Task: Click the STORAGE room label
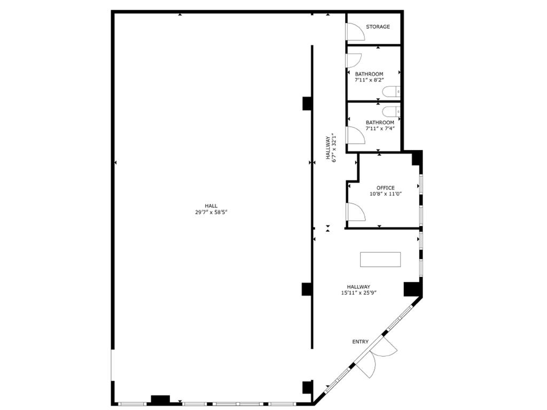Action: (378, 27)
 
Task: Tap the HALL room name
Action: (211, 206)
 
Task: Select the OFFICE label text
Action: (385, 188)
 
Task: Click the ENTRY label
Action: (360, 342)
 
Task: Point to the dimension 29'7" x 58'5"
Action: (211, 212)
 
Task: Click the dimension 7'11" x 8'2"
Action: (369, 80)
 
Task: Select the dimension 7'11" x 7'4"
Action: (380, 129)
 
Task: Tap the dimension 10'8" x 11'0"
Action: (385, 194)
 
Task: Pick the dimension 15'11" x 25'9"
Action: (358, 293)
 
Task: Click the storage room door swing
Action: (355, 33)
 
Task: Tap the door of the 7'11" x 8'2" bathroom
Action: (354, 60)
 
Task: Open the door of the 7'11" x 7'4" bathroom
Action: (355, 135)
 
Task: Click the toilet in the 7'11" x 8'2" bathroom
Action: (393, 92)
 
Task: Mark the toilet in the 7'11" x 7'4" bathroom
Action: (393, 111)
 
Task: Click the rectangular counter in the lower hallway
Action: (380, 259)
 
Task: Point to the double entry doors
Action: (377, 358)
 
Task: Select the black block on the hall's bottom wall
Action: (160, 399)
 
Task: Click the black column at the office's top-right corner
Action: (417, 158)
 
